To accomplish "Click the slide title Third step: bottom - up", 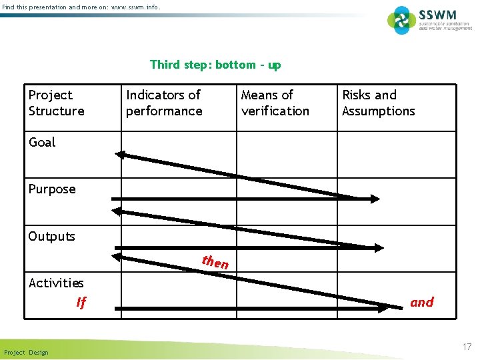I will pos(215,65).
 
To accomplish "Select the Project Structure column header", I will pos(57,103).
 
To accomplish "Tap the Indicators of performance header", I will pos(164,103).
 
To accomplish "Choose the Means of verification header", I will pos(275,103).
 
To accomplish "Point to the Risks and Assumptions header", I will pos(378,103).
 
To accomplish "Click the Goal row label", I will pos(42,142).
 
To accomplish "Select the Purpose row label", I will pos(52,189).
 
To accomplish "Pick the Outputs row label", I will pos(51,237).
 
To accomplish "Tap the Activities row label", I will pos(56,283).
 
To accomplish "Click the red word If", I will pos(81,303).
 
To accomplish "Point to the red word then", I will pos(215,262).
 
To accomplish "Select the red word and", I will pos(421,302).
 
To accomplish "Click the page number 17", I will pos(466,347).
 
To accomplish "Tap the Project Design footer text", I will pos(26,353).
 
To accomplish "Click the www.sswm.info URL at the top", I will pos(134,7).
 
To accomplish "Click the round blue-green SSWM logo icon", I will pos(402,20).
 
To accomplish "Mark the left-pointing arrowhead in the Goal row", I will pos(121,155).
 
